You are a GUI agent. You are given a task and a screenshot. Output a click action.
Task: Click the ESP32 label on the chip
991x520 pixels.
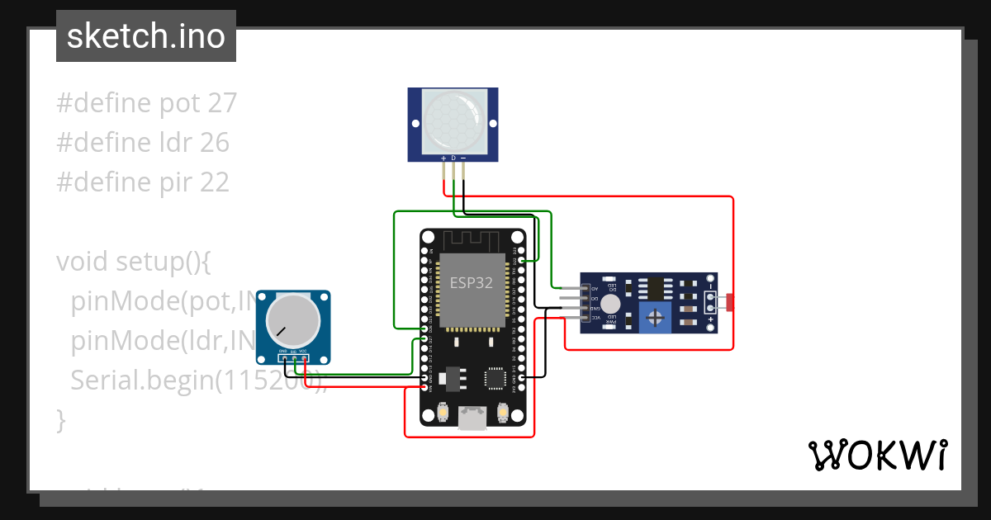[x=471, y=283]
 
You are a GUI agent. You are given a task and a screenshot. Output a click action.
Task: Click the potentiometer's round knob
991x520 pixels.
[x=292, y=324]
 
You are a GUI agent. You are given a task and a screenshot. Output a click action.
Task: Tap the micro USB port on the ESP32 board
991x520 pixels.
[x=472, y=420]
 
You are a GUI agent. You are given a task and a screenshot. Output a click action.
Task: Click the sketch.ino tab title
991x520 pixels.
[x=146, y=36]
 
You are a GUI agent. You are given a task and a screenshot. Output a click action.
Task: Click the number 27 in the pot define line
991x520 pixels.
[x=222, y=103]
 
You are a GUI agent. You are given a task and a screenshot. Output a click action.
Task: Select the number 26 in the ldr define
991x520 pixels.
[x=214, y=143]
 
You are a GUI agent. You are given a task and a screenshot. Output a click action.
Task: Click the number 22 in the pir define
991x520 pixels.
[x=214, y=182]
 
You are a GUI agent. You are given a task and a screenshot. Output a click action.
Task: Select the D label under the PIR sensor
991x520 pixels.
[x=453, y=157]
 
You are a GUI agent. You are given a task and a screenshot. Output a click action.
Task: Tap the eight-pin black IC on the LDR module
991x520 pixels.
[x=652, y=287]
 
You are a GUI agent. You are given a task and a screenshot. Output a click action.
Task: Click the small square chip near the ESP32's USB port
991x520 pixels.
[x=495, y=377]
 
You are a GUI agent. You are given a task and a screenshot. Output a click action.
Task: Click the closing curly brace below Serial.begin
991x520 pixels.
[x=60, y=419]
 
